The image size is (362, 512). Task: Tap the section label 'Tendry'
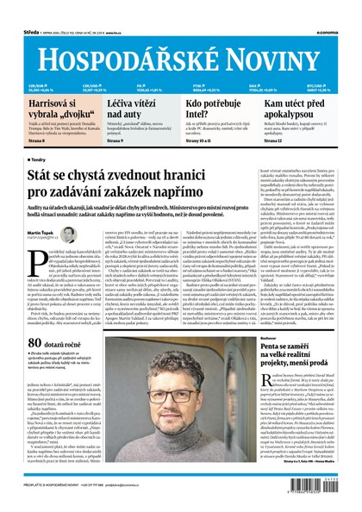coord(43,159)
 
